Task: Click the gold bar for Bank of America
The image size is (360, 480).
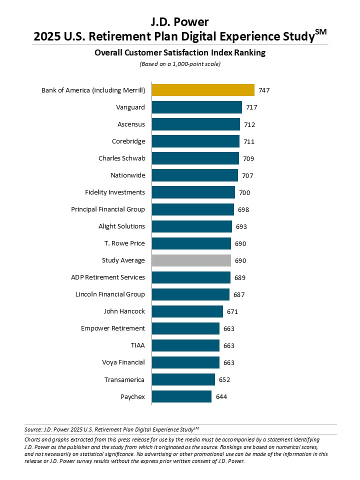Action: click(203, 90)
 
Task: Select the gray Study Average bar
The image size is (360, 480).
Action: click(191, 260)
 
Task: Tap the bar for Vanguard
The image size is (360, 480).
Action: click(196, 107)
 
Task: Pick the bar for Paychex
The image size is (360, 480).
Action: click(181, 396)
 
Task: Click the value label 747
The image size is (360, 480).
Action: click(264, 90)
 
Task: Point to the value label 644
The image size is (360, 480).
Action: click(221, 397)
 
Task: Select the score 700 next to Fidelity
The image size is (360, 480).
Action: click(244, 192)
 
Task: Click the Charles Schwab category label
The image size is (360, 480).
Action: click(121, 158)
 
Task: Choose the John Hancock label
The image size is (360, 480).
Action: click(124, 311)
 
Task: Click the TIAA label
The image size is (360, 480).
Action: click(137, 345)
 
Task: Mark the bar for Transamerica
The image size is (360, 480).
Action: click(183, 379)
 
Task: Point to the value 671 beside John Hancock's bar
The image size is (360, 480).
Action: click(232, 311)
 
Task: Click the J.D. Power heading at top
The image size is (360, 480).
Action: click(179, 21)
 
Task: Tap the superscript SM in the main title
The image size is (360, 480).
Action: click(321, 32)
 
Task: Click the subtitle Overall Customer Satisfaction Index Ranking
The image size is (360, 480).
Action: click(179, 52)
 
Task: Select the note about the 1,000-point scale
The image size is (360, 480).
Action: click(179, 63)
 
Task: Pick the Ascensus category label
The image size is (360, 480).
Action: click(131, 124)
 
